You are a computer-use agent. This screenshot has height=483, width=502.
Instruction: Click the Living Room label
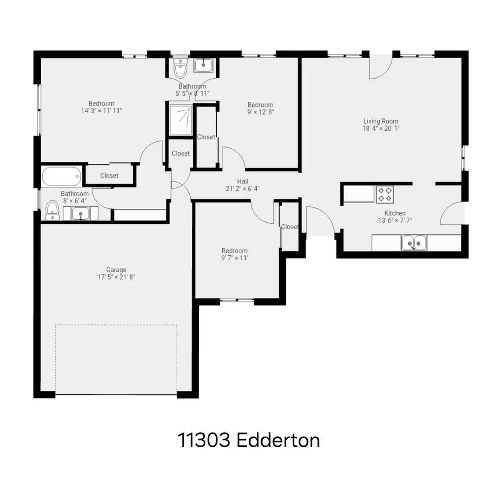(380, 121)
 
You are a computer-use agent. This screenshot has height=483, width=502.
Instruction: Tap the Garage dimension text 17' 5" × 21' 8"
(116, 277)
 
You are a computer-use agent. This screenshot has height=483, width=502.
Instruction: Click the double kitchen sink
(413, 243)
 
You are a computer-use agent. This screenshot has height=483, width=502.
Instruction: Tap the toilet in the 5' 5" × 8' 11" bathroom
(180, 68)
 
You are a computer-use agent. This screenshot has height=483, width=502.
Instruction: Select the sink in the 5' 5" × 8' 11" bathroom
(204, 66)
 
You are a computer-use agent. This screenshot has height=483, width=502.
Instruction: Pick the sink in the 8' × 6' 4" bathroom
(81, 214)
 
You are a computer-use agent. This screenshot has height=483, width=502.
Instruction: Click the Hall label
(242, 181)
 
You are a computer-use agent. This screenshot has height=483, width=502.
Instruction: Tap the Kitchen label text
(395, 213)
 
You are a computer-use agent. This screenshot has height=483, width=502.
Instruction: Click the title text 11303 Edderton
(249, 440)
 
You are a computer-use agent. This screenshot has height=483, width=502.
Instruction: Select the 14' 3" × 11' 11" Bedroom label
(101, 104)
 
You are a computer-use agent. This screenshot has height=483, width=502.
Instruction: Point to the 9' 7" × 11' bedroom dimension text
(234, 258)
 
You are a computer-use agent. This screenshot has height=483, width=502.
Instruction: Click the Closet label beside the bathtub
(109, 175)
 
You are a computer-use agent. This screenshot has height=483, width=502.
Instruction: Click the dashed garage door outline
(116, 359)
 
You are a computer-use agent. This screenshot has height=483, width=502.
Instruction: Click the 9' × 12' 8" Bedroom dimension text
(260, 112)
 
